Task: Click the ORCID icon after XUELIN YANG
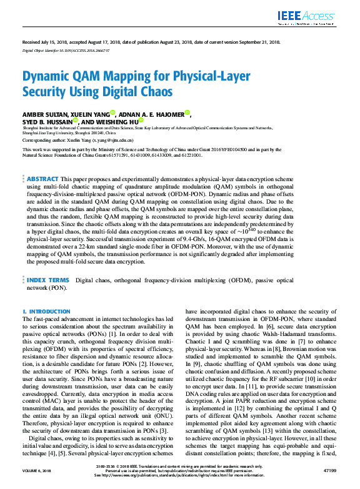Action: click(112, 113)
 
